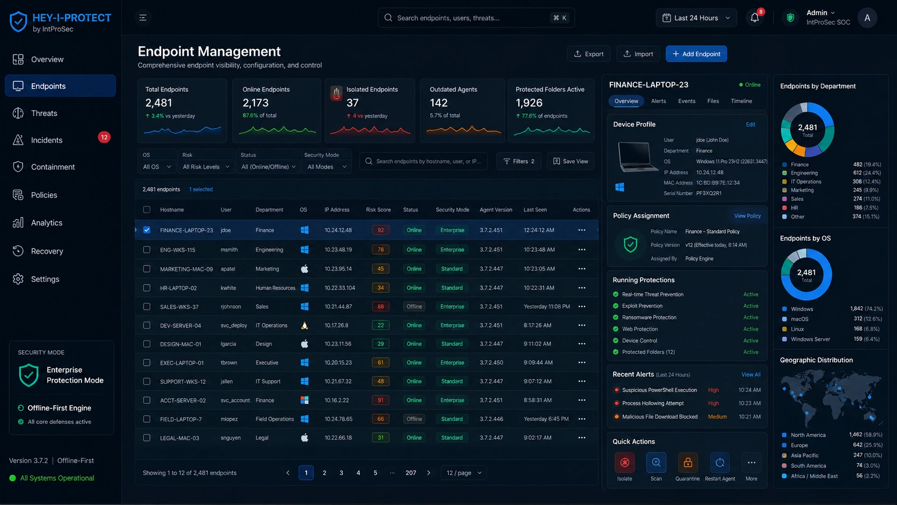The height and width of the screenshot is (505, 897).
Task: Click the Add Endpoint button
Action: pos(696,54)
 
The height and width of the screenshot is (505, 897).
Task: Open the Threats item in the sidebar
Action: pos(44,113)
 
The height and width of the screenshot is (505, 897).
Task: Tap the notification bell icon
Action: pos(754,18)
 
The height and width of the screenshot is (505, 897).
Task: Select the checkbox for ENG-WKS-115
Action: pos(146,250)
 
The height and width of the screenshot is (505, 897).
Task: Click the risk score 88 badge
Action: pos(380,306)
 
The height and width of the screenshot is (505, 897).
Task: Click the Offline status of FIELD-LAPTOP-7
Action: pos(414,419)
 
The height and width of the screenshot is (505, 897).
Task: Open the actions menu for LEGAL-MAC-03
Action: pos(582,438)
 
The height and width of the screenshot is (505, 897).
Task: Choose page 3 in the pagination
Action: pos(341,473)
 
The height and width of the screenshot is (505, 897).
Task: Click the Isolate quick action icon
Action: pos(624,463)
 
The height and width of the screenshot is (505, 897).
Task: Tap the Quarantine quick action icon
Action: pos(688,463)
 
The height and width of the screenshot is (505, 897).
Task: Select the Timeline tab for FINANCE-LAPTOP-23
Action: pos(741,101)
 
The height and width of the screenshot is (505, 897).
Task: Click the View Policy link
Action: pos(747,216)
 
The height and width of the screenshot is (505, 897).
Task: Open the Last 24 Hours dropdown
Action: pos(696,18)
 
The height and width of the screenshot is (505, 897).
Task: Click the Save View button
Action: pos(571,161)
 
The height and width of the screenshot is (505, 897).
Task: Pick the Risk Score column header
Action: pos(378,210)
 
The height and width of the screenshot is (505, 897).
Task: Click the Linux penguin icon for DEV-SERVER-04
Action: pos(304,325)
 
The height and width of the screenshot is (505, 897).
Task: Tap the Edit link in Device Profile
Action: pos(751,125)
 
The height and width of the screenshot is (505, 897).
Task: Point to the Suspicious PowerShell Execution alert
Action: pos(659,390)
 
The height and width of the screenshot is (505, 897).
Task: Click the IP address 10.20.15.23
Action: pos(338,362)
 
